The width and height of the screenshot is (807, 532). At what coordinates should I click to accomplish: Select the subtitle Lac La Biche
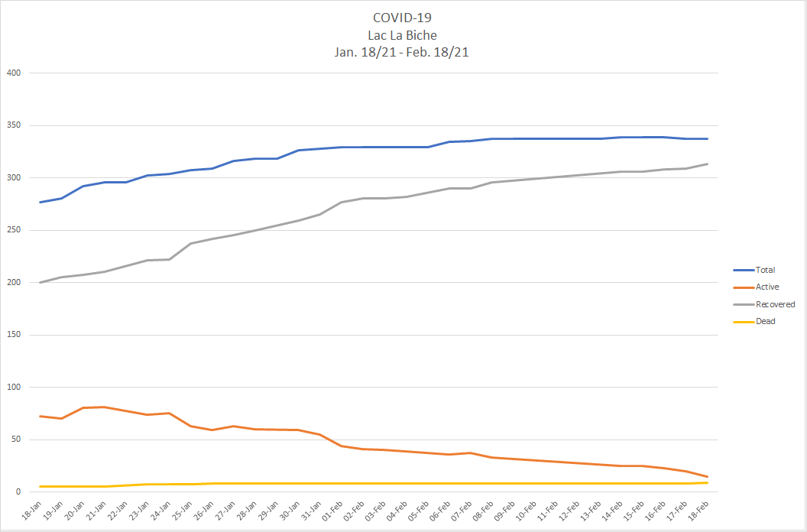[x=403, y=35]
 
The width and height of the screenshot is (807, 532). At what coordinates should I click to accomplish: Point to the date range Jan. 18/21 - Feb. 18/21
[x=403, y=52]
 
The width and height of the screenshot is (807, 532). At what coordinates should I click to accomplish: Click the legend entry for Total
[x=765, y=270]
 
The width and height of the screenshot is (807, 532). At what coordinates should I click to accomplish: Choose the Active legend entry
[x=767, y=287]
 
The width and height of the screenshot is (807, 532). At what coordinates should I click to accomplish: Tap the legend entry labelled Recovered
[x=775, y=304]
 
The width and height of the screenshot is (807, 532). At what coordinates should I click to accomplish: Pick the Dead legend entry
[x=765, y=321]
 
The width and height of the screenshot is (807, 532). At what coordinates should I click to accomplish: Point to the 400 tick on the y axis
[x=13, y=73]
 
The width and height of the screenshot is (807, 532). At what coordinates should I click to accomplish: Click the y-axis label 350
[x=13, y=125]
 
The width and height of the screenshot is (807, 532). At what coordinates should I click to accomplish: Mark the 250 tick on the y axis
[x=13, y=230]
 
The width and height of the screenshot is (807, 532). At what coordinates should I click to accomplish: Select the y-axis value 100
[x=13, y=388]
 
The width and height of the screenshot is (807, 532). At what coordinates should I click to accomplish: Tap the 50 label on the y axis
[x=15, y=440]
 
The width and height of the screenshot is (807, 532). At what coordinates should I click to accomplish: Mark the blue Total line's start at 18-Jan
[x=40, y=202]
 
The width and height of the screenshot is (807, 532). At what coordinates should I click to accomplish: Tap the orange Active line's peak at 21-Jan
[x=104, y=407]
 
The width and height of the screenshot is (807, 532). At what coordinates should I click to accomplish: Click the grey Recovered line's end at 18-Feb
[x=707, y=164]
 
